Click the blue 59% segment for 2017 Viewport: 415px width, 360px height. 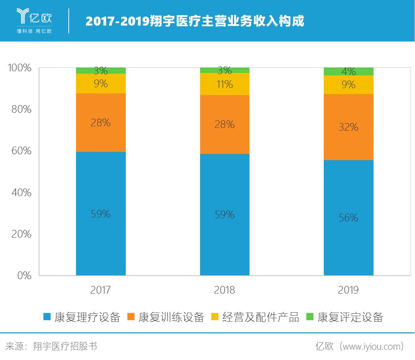click(101, 213)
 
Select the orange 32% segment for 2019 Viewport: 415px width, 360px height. click(348, 127)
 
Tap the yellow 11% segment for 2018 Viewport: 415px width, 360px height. click(225, 84)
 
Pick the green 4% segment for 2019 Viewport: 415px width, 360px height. click(348, 71)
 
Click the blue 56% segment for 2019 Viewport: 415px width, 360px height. click(348, 218)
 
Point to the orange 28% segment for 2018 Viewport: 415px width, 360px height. click(225, 124)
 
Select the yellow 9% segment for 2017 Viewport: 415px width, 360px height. click(101, 83)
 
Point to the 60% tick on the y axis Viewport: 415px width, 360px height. click(21, 151)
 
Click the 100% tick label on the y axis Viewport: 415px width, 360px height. click(19, 68)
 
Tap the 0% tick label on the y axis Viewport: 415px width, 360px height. click(24, 276)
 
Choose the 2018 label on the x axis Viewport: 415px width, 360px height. click(224, 290)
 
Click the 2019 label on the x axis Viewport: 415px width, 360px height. click(348, 290)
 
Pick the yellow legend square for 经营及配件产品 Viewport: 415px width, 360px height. click(215, 317)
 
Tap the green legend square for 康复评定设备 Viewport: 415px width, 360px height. click(310, 317)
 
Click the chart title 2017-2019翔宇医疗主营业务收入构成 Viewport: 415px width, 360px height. click(195, 21)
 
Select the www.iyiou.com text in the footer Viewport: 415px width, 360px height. click(369, 346)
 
